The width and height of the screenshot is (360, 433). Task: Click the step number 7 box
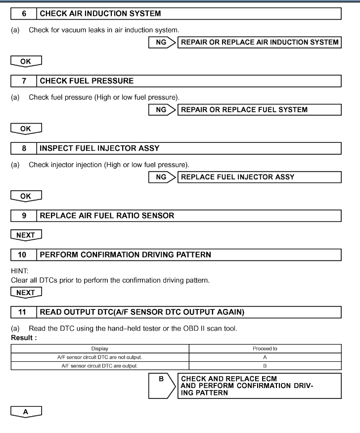(x=24, y=80)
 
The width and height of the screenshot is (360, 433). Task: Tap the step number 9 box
(x=24, y=216)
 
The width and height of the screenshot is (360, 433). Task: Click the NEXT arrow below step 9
(x=25, y=235)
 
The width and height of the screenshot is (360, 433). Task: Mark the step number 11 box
(x=24, y=312)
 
